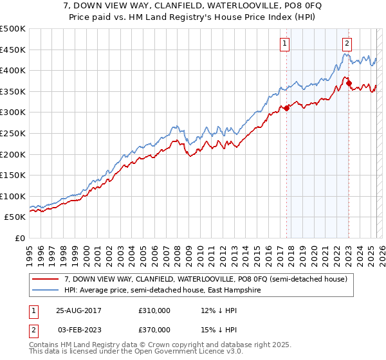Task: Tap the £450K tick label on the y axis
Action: pyautogui.click(x=12, y=50)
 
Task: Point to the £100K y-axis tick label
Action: pyautogui.click(x=12, y=196)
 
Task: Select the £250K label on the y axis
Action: pyautogui.click(x=12, y=133)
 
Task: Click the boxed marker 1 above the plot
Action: pyautogui.click(x=284, y=44)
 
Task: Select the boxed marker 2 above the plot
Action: pyautogui.click(x=347, y=44)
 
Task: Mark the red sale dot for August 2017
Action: pyautogui.click(x=287, y=108)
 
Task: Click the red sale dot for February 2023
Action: pyautogui.click(x=349, y=83)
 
